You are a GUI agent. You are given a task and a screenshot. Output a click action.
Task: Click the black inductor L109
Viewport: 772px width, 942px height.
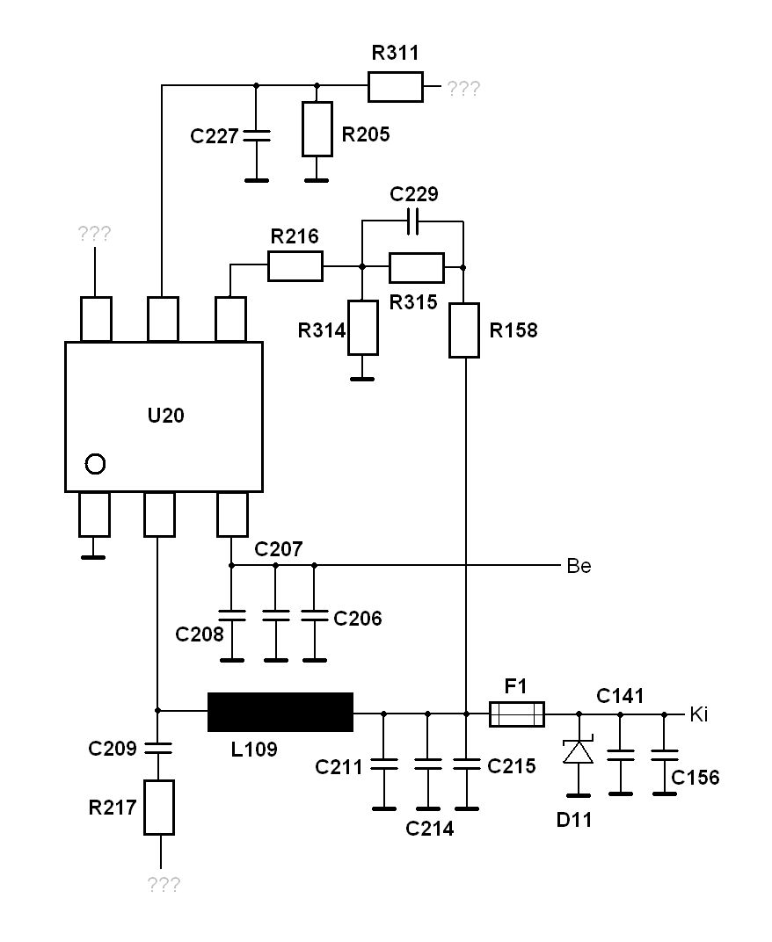pos(280,712)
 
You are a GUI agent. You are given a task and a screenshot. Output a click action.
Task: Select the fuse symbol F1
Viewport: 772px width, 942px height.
pos(517,714)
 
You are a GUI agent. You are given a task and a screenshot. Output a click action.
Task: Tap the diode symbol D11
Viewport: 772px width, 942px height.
pos(579,751)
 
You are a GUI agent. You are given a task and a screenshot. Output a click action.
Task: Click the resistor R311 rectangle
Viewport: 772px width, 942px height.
pos(395,86)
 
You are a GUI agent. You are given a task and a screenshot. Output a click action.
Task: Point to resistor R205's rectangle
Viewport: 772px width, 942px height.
pos(317,129)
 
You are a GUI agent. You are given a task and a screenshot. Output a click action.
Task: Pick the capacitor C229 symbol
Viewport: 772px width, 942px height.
pos(412,221)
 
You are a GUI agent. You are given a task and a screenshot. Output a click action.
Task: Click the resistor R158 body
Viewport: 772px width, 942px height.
pos(464,330)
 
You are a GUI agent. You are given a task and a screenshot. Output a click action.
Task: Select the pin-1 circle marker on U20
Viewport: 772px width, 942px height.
pos(96,464)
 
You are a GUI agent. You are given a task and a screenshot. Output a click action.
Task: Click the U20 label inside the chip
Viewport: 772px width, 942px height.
pos(165,415)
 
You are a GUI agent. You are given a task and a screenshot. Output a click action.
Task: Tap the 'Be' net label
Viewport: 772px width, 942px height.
pos(579,566)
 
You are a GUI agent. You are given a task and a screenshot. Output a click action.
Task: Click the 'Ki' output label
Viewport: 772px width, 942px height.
pos(699,714)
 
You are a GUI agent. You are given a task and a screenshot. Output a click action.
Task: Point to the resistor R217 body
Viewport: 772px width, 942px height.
pos(159,808)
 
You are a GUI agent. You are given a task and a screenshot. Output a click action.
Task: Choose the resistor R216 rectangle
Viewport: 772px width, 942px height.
pos(295,266)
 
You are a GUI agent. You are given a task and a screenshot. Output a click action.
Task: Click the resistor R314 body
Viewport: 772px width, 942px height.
pos(363,328)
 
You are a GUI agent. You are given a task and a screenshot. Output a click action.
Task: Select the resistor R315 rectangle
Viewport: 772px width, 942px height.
pos(417,268)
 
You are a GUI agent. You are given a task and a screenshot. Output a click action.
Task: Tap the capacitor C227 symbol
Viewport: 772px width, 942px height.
pos(256,136)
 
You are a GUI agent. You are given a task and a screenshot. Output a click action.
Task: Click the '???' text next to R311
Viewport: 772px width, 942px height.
pos(463,89)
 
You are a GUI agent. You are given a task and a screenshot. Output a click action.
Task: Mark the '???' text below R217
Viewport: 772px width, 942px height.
pos(164,884)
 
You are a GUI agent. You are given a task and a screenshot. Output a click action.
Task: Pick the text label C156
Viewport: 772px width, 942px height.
pos(695,778)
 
